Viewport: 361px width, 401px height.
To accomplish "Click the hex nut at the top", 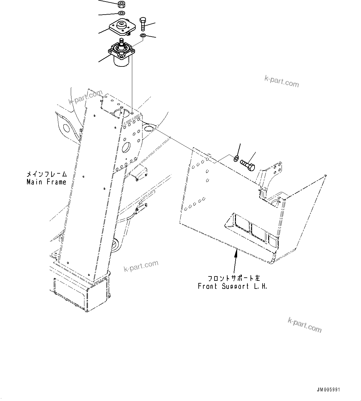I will tap(121, 5).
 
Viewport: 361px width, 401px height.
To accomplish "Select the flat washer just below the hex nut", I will tap(121, 13).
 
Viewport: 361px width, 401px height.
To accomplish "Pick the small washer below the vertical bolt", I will tap(142, 36).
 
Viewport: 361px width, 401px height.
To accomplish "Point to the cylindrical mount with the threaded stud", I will tap(121, 54).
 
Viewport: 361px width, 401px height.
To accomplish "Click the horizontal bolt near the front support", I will tap(247, 165).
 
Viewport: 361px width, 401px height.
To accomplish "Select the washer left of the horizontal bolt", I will tap(236, 159).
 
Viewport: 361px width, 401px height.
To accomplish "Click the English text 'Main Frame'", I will tap(46, 182).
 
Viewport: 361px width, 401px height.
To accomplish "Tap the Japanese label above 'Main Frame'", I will tap(47, 175).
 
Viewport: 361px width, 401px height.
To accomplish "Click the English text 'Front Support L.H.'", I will tap(232, 286).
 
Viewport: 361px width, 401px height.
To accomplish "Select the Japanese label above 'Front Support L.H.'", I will tap(234, 278).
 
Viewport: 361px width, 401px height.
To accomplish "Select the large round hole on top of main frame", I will tap(117, 114).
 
